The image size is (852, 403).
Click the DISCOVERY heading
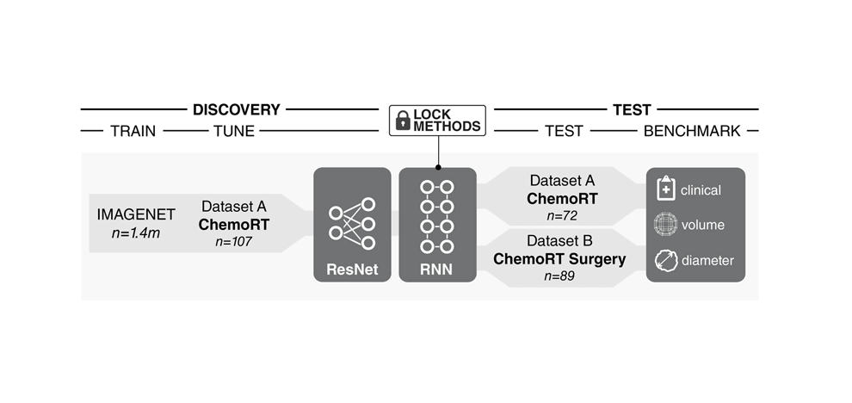[236, 109]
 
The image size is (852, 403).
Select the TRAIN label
[133, 131]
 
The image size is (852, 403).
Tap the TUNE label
[234, 131]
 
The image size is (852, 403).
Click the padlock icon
[402, 121]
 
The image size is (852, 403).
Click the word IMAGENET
[135, 214]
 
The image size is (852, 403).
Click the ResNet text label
[351, 269]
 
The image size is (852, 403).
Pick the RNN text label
[436, 269]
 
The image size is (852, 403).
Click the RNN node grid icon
[436, 217]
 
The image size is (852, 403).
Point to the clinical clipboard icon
[665, 189]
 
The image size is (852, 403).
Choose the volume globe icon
[665, 225]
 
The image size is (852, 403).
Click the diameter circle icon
[665, 260]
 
